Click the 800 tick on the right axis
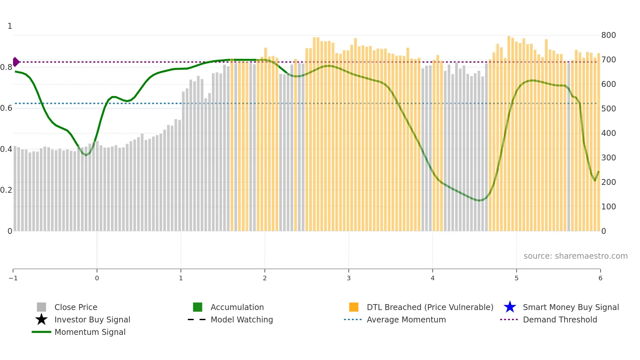point(608,35)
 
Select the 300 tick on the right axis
point(608,158)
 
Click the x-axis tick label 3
point(348,278)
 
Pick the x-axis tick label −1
point(13,278)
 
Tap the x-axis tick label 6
point(600,278)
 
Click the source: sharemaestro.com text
point(575,256)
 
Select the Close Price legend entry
point(76,307)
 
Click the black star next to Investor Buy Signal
point(41,319)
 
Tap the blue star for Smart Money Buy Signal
point(510,307)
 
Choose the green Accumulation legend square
point(198,307)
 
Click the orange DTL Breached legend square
point(354,307)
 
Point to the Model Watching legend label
point(242,319)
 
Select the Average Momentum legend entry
point(406,319)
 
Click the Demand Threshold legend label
point(560,319)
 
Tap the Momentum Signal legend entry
point(90,332)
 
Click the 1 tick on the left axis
point(10,26)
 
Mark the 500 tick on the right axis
point(608,109)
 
